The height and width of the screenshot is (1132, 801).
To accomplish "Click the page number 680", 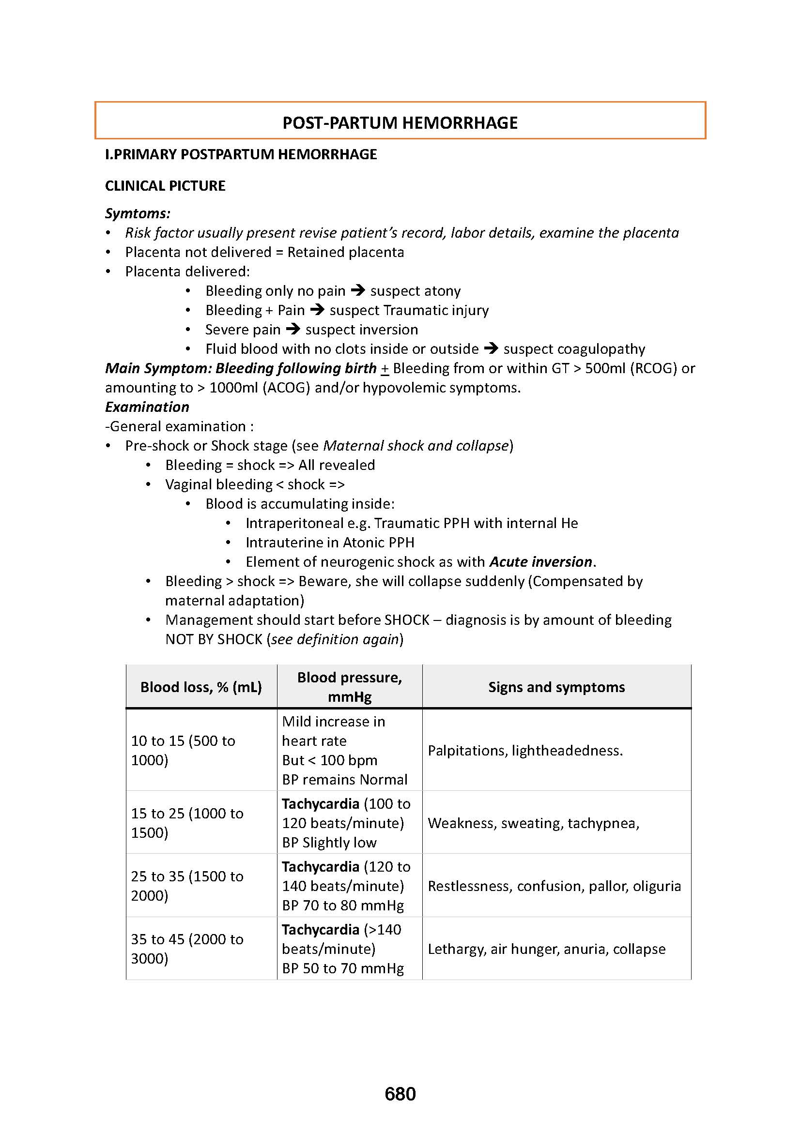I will point(400,1094).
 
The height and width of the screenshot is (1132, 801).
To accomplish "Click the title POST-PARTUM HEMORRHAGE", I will point(400,123).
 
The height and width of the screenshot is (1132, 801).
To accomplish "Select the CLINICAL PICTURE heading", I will point(165,186).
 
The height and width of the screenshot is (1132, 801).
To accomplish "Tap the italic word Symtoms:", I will point(138,213).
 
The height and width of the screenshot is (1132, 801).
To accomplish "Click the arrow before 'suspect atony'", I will point(357,290).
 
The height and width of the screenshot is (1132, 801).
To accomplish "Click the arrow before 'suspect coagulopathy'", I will point(491,348).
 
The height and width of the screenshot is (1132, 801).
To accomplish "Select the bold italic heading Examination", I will point(147,407).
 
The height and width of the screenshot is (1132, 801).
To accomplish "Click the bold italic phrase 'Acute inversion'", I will point(540,561).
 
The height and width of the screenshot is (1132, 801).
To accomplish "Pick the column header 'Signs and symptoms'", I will point(556,687).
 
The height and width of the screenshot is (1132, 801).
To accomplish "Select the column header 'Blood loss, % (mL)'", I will point(201,687).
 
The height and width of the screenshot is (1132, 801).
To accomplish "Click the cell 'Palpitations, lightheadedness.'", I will point(525,751).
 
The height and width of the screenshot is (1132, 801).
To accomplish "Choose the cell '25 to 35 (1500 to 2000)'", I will point(187,886).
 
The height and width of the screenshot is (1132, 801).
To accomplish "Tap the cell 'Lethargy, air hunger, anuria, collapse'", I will point(546,949).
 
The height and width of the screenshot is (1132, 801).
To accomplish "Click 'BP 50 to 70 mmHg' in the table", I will point(343,968).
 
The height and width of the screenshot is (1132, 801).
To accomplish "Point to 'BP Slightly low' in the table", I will point(329,843).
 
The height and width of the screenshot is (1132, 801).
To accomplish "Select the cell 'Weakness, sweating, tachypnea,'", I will point(533,823).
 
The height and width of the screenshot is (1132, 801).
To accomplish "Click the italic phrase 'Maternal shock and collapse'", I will point(416,446).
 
